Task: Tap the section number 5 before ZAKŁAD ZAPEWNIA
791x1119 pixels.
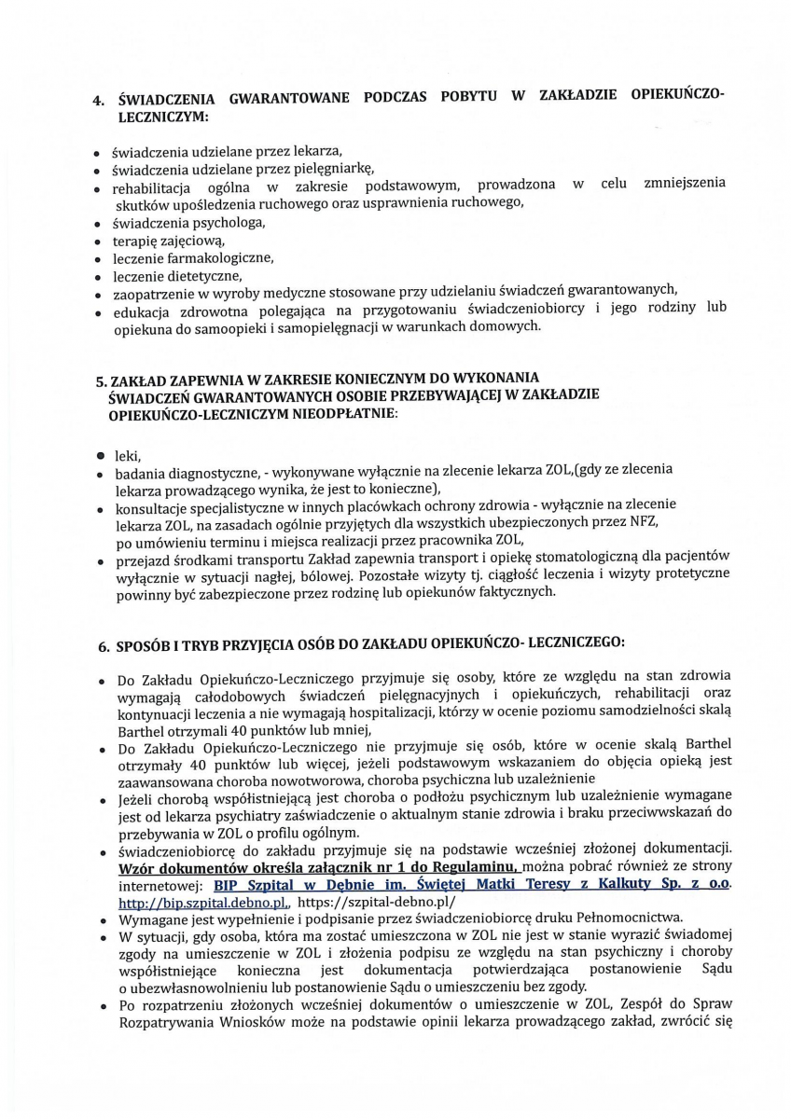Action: click(101, 380)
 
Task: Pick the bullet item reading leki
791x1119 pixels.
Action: click(126, 456)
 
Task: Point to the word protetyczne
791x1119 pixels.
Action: click(689, 573)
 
